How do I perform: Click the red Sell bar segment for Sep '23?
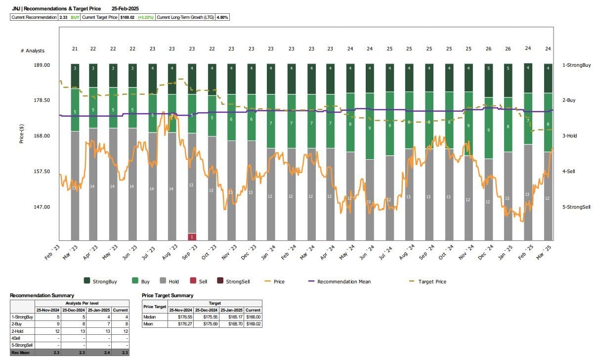coord(192,237)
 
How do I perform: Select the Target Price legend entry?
coord(432,281)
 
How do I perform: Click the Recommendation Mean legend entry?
coord(343,281)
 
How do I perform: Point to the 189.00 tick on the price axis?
coord(42,65)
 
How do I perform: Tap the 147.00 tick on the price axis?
coord(42,207)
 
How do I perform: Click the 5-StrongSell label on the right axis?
coord(576,207)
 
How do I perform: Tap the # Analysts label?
coord(32,51)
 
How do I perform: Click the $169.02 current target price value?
coord(128,17)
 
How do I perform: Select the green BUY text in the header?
coord(75,17)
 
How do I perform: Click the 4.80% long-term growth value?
coord(223,17)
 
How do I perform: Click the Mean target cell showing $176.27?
coord(180,324)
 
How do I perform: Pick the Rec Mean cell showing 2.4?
coord(103,352)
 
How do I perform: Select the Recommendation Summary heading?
coord(42,295)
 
